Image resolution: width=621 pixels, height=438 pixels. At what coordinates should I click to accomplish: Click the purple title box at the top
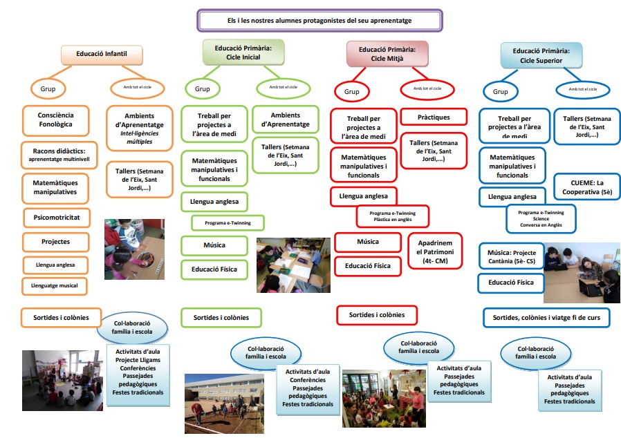point(319,21)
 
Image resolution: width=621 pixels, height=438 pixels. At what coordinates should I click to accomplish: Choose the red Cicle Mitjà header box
point(387,54)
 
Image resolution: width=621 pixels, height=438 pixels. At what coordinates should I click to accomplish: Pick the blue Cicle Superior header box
point(541,55)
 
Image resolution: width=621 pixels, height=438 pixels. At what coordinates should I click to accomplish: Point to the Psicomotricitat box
point(57,218)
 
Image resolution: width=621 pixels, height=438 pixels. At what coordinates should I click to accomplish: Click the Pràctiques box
point(434,117)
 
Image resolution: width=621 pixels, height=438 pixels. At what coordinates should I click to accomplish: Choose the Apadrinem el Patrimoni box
point(434,253)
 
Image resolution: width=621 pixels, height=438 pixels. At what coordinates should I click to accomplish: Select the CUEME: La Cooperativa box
point(581,187)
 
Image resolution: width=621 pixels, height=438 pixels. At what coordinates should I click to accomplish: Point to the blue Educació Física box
point(511,283)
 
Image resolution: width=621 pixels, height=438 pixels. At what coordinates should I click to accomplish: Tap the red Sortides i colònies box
point(382,314)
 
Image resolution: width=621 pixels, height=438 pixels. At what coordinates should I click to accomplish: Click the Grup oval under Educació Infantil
point(48,88)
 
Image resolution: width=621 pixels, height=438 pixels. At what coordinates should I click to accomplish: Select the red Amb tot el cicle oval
point(429,89)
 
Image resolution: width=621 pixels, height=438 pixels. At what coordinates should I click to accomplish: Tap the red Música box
point(367,242)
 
